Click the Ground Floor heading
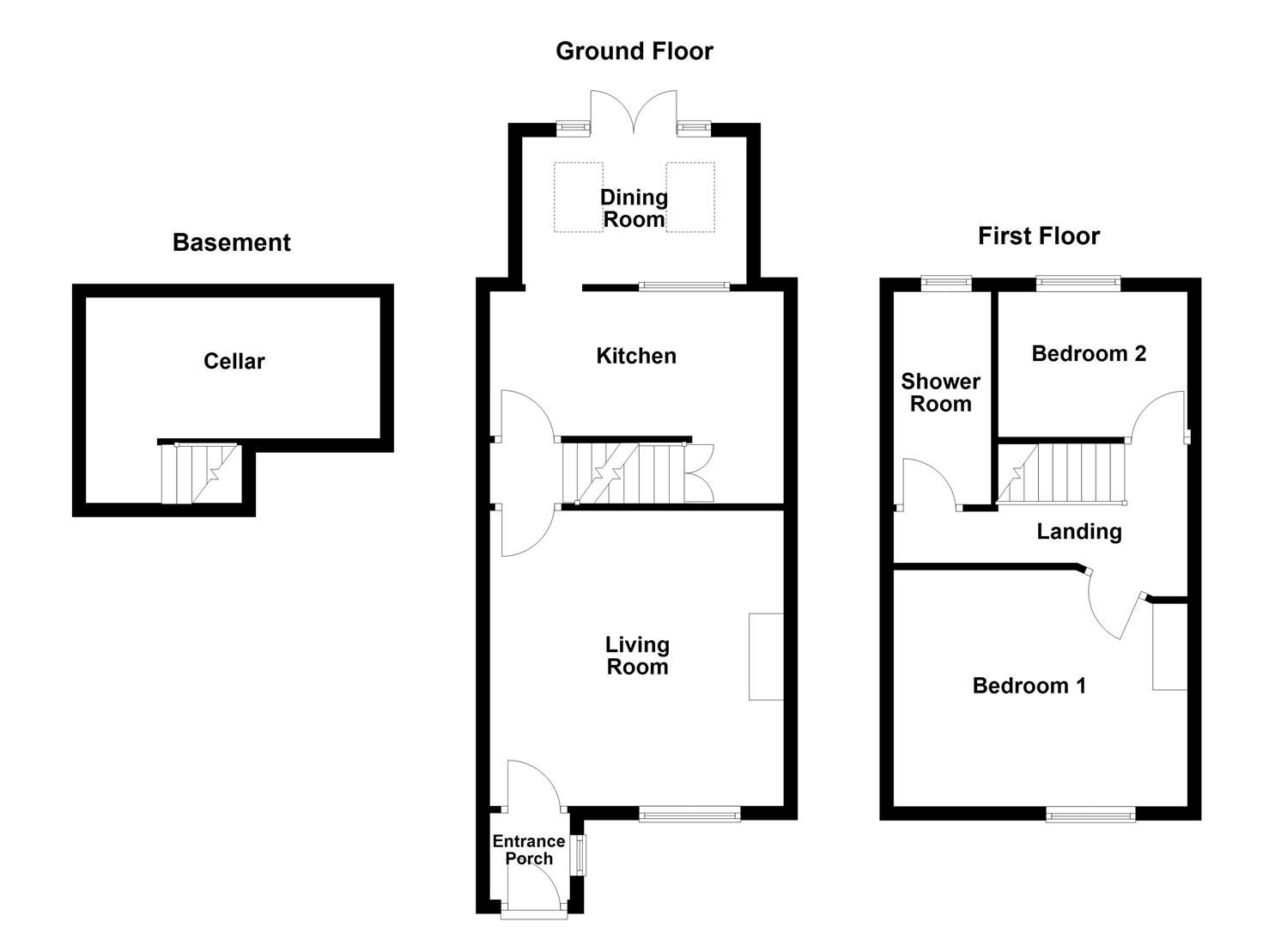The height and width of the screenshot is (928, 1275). point(634,52)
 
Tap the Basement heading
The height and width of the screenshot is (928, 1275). point(231,242)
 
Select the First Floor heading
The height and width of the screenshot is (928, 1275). point(1038,236)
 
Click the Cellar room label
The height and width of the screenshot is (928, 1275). point(234,361)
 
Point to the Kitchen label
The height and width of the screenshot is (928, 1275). point(635,356)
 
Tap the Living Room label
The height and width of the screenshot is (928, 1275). point(636,656)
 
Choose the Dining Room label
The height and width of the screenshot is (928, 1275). point(633,208)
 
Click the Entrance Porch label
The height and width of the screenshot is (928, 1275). point(528,850)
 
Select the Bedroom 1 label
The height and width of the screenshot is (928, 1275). point(1029,686)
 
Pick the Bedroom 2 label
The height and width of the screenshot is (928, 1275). point(1088,353)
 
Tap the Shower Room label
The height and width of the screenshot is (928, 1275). point(940,393)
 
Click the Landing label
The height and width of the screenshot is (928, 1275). point(1078,532)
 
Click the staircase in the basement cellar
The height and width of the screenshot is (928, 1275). point(199,473)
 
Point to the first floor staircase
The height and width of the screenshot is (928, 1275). point(1061,473)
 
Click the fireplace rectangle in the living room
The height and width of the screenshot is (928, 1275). point(766,656)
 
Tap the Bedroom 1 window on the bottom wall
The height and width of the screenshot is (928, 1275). point(1090,814)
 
